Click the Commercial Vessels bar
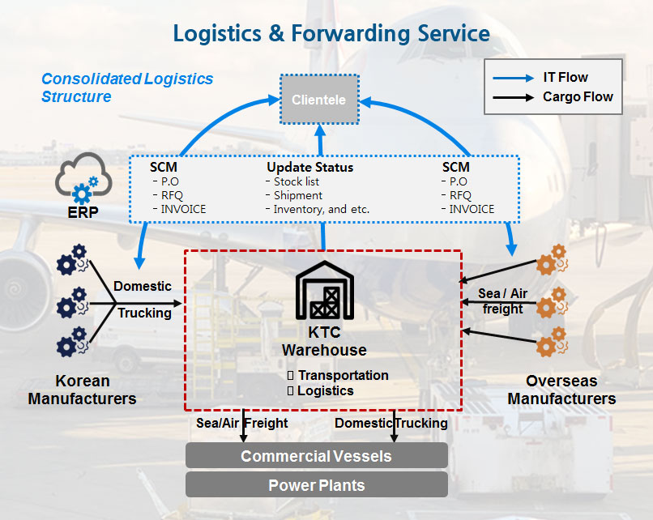[x=316, y=455]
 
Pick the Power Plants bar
[x=316, y=485]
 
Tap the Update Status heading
[x=309, y=168]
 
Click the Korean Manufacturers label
[x=82, y=390]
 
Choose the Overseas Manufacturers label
[x=561, y=390]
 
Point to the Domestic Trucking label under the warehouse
[x=391, y=423]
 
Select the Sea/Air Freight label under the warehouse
[x=242, y=423]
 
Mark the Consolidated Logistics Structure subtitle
[x=127, y=87]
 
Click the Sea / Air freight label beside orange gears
[x=502, y=301]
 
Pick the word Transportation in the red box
[x=343, y=375]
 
